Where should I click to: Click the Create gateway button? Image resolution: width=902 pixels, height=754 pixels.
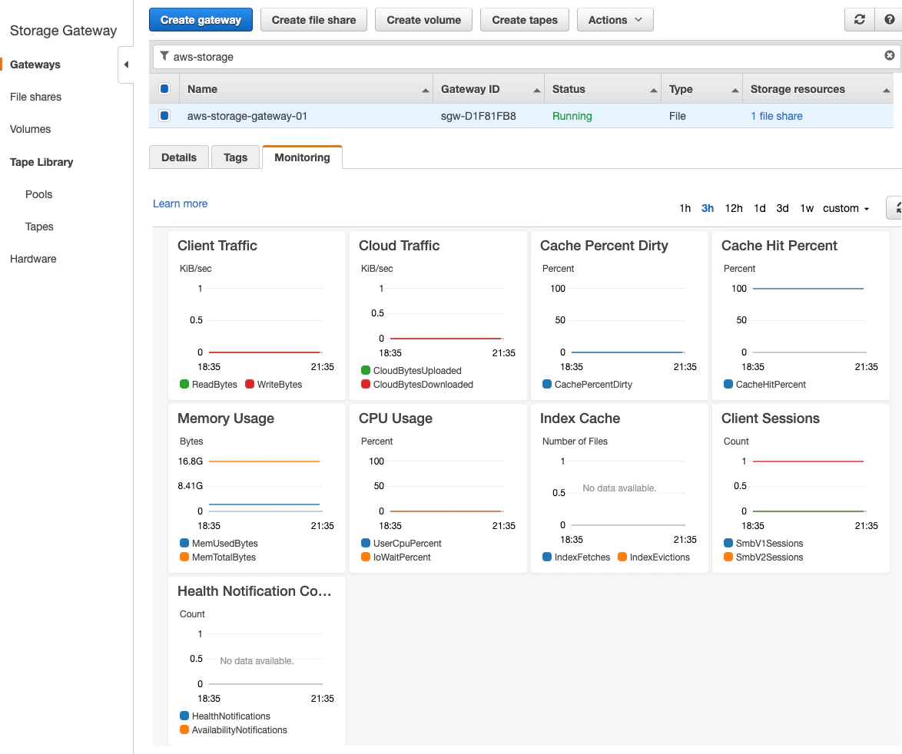201,20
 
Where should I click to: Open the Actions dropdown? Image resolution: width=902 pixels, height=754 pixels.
615,20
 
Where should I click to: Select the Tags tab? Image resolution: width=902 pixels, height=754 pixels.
235,157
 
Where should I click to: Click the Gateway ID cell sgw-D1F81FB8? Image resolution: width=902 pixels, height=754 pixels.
478,116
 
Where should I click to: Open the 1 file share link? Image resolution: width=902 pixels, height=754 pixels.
776,116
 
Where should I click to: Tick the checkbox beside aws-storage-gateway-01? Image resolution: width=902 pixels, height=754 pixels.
164,116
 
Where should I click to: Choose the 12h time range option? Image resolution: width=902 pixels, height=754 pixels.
734,208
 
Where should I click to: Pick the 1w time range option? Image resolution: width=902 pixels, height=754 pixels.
807,208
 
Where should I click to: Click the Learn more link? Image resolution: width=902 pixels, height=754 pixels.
180,203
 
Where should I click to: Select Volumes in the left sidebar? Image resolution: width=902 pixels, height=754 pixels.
30,129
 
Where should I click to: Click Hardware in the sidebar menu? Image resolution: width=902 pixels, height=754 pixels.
33,259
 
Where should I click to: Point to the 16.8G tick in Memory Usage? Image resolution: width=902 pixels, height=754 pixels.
191,461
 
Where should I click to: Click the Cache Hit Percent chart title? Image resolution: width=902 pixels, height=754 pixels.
779,246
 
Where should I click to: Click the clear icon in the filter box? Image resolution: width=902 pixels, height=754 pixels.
890,55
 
